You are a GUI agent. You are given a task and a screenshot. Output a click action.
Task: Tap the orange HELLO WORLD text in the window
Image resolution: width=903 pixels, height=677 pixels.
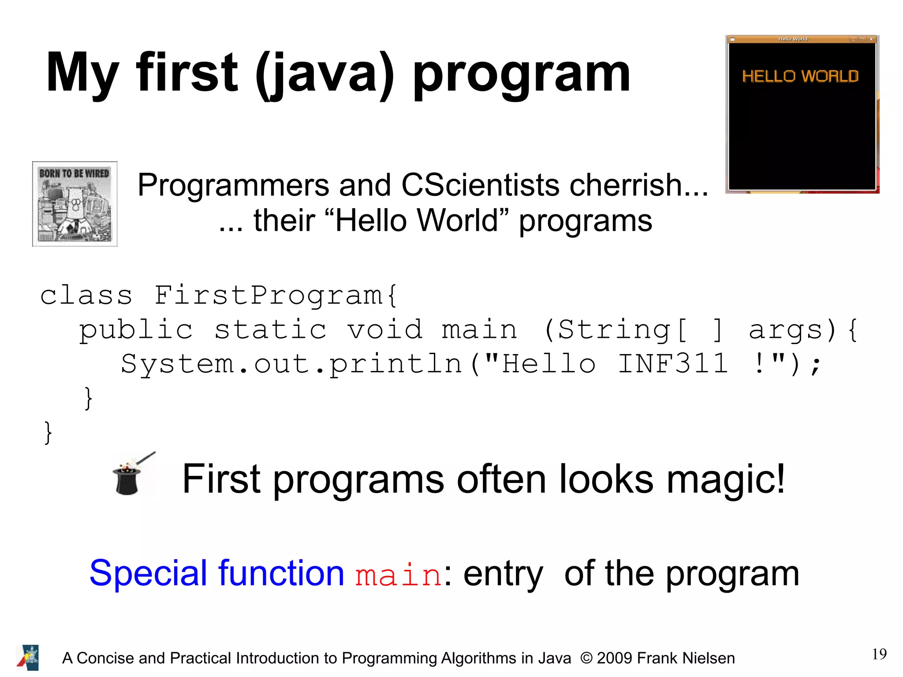(x=800, y=76)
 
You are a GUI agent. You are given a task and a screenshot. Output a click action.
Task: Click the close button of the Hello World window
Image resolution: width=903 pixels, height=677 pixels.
(x=871, y=39)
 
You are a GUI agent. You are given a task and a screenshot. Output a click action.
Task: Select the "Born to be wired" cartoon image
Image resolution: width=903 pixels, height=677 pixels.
(x=75, y=204)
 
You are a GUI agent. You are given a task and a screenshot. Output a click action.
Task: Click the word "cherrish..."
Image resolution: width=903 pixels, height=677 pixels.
(x=638, y=185)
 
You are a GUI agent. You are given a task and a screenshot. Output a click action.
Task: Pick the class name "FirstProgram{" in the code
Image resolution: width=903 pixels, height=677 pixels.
(x=276, y=295)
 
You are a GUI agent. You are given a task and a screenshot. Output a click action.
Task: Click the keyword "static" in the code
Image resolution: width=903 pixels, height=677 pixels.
(x=270, y=330)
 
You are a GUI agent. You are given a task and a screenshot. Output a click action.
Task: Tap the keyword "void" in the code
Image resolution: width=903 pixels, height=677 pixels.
(x=385, y=330)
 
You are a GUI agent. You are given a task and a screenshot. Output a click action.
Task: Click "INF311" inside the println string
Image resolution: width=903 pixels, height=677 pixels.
(x=672, y=364)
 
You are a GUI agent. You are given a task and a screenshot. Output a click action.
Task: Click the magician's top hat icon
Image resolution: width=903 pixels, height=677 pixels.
(x=128, y=479)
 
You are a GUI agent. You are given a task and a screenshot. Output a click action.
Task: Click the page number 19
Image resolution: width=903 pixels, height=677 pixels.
(x=879, y=654)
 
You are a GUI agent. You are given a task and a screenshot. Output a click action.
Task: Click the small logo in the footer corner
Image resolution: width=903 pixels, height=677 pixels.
(x=28, y=658)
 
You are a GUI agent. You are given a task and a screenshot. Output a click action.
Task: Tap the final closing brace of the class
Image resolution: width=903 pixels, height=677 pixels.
(x=48, y=433)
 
